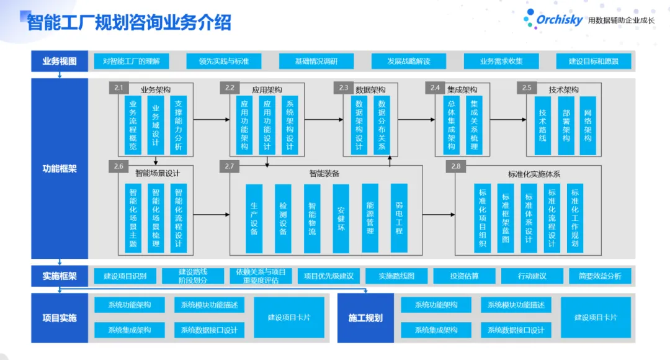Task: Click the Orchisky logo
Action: click(x=553, y=19)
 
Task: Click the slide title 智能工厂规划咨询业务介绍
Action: click(x=129, y=22)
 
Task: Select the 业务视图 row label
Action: click(x=60, y=61)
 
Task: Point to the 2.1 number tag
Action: click(x=119, y=88)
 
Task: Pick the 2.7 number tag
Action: click(x=230, y=166)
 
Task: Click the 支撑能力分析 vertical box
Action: click(x=179, y=125)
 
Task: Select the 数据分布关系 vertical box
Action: click(x=382, y=125)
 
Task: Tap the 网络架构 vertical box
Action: click(x=587, y=125)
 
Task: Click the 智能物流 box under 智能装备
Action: click(x=312, y=218)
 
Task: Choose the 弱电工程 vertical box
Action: click(x=399, y=218)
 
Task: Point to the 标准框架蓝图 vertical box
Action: click(x=505, y=218)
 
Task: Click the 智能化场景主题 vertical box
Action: click(x=133, y=218)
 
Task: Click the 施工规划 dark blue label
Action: click(x=365, y=318)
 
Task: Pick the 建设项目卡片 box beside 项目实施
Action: click(x=289, y=318)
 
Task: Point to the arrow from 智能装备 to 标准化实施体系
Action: click(x=439, y=214)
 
